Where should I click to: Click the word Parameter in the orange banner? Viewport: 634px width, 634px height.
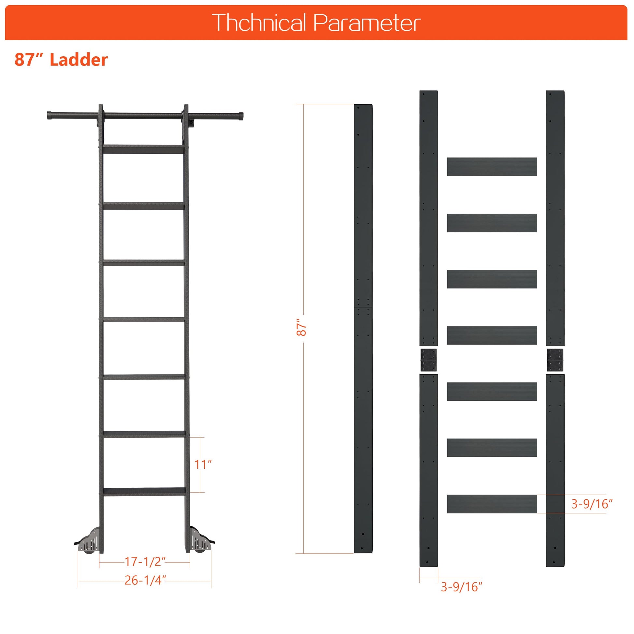[367, 23]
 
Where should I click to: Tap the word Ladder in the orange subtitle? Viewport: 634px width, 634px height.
[79, 60]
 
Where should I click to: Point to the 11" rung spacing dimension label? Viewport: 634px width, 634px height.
[203, 464]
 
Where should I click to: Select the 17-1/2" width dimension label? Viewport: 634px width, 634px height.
[145, 561]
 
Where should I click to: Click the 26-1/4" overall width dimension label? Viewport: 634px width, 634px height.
[145, 580]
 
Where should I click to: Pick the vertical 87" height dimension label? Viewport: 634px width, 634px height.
[301, 327]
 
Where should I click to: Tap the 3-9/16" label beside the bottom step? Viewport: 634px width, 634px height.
[592, 504]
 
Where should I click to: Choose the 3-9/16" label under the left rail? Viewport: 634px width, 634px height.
[461, 587]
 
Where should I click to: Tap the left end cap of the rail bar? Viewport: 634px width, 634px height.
[50, 116]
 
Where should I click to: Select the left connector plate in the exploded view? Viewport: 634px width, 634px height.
[428, 360]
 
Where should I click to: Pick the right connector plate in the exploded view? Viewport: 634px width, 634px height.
[555, 360]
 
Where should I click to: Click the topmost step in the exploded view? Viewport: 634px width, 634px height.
[492, 167]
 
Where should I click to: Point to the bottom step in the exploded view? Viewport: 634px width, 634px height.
[492, 504]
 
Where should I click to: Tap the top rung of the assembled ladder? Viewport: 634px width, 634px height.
[143, 149]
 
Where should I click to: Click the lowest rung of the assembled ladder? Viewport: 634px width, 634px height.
[144, 492]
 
